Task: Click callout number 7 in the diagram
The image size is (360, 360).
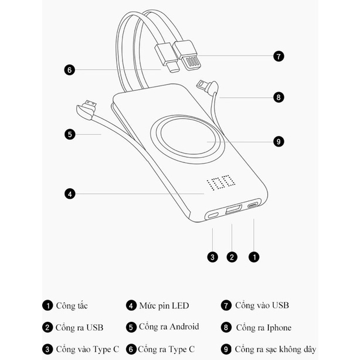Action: coord(279,56)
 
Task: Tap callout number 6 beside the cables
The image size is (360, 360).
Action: coord(69,70)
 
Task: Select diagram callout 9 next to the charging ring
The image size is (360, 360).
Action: coord(279,141)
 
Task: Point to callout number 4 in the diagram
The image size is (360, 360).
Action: coord(69,193)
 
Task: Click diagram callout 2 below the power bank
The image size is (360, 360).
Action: coord(232,256)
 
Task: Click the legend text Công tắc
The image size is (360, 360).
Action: coord(73,305)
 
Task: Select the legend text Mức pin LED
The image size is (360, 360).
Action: coord(164,305)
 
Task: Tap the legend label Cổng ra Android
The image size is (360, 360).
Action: coord(169,327)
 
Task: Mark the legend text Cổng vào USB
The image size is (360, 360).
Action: coord(262,305)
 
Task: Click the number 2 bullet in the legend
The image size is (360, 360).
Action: coord(47,327)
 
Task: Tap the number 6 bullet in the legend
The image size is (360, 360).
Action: coord(131,349)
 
